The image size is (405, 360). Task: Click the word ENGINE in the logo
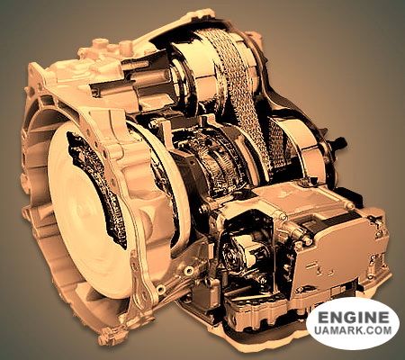click(353, 317)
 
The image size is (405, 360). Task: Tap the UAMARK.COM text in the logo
click(353, 330)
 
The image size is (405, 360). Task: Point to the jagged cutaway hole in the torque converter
click(97, 187)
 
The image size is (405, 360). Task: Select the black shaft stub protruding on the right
click(336, 143)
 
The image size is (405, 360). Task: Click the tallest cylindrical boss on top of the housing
click(99, 47)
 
